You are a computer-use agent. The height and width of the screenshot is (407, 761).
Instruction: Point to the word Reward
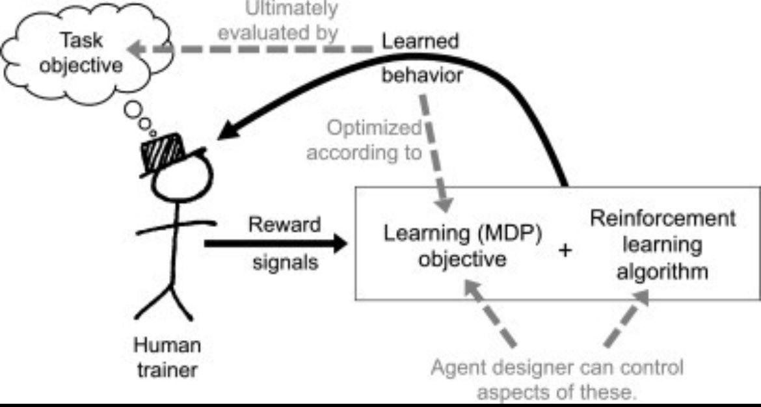286,225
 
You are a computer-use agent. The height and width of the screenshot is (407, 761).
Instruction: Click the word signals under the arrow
285,263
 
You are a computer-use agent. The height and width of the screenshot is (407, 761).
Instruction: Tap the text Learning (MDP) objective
462,246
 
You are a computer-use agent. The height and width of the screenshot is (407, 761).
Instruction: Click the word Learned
420,41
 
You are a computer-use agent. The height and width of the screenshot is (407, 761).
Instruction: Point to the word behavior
422,75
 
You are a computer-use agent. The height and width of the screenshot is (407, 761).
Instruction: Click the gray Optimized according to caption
365,140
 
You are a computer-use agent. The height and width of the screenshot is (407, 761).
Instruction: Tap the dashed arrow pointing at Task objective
254,47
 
